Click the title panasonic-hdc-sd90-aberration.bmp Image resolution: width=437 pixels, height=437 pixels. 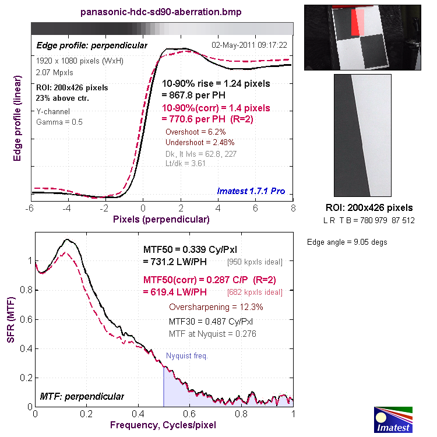[160, 12]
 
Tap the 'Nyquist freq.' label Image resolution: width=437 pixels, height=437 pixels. [187, 355]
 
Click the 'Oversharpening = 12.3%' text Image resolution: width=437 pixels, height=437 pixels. [216, 307]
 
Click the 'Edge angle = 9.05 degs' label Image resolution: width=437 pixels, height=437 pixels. [347, 242]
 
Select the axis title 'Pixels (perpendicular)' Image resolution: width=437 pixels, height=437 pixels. [161, 219]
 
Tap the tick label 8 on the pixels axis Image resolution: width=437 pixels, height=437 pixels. [292, 208]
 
